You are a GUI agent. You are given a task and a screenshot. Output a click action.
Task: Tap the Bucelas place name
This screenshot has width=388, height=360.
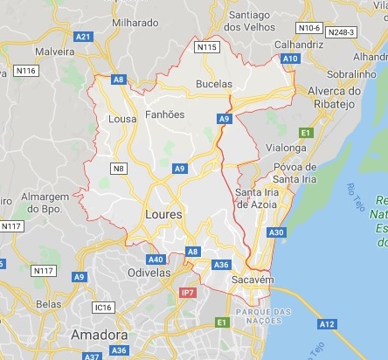point(214,85)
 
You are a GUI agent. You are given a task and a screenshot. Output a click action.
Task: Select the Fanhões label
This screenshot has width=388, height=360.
point(163,114)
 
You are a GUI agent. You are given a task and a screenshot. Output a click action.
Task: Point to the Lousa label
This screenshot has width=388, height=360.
point(121,119)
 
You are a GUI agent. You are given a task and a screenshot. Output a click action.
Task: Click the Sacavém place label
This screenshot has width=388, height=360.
point(253,279)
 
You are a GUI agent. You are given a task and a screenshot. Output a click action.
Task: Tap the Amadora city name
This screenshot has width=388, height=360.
point(99,335)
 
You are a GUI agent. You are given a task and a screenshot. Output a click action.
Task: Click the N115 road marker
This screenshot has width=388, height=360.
point(206,47)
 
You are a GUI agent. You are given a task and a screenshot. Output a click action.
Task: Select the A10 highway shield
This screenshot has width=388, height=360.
point(290,59)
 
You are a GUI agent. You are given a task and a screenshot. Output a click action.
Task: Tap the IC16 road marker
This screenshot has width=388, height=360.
point(103,308)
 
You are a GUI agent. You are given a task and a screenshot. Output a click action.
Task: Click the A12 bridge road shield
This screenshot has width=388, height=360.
point(327,324)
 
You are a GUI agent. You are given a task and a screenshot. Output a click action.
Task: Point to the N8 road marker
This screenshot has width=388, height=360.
point(118,166)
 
